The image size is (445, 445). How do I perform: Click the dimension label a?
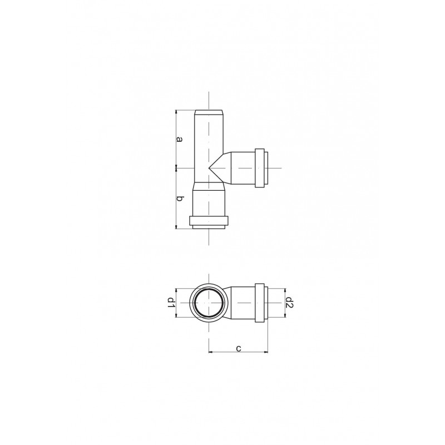click(179, 139)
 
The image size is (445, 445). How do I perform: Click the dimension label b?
click(179, 199)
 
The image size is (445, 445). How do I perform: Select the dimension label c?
click(239, 348)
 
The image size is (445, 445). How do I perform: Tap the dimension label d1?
click(171, 303)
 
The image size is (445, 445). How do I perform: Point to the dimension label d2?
click(289, 303)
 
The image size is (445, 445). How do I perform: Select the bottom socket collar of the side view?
click(209, 220)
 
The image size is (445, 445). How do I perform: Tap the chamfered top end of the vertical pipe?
click(209, 112)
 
